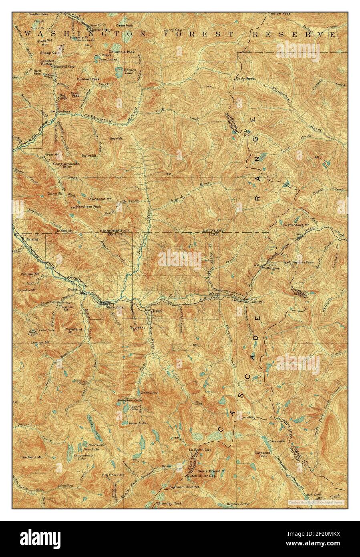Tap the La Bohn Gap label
click(x=200, y=450)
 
